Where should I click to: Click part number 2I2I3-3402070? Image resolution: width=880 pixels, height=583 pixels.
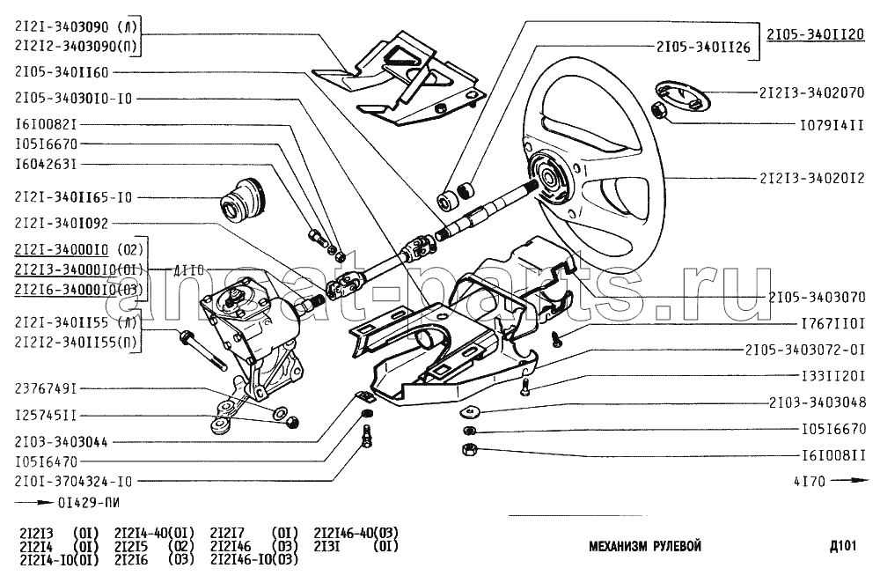coord(811,92)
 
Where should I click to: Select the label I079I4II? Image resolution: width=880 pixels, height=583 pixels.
coord(832,125)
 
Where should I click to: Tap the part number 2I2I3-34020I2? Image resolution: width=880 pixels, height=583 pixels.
coord(811,178)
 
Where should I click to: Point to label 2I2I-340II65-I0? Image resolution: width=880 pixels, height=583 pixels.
coord(74,197)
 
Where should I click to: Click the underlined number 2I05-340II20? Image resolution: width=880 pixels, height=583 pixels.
coord(816,34)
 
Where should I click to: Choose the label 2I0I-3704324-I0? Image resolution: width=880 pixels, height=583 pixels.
coord(74,482)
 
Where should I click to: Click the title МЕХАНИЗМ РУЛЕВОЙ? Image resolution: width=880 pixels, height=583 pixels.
coord(645,546)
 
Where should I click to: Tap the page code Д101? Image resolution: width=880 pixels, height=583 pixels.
coord(842,545)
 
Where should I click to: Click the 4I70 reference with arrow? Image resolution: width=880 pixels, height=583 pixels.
coord(831,481)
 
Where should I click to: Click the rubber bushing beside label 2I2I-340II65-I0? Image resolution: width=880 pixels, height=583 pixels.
coord(243,202)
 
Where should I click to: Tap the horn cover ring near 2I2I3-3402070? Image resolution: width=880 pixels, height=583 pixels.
coord(683,95)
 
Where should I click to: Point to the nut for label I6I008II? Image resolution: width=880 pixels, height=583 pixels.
coord(468,449)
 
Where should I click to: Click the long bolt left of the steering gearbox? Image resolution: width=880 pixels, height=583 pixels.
coord(202,353)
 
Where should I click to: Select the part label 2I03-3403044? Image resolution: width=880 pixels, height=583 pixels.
coord(62,442)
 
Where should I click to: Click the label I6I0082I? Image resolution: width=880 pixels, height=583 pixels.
coord(46,124)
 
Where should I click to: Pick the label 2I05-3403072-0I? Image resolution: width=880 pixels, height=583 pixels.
coord(805,350)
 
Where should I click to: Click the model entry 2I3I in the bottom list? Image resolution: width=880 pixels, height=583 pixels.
coord(326,546)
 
